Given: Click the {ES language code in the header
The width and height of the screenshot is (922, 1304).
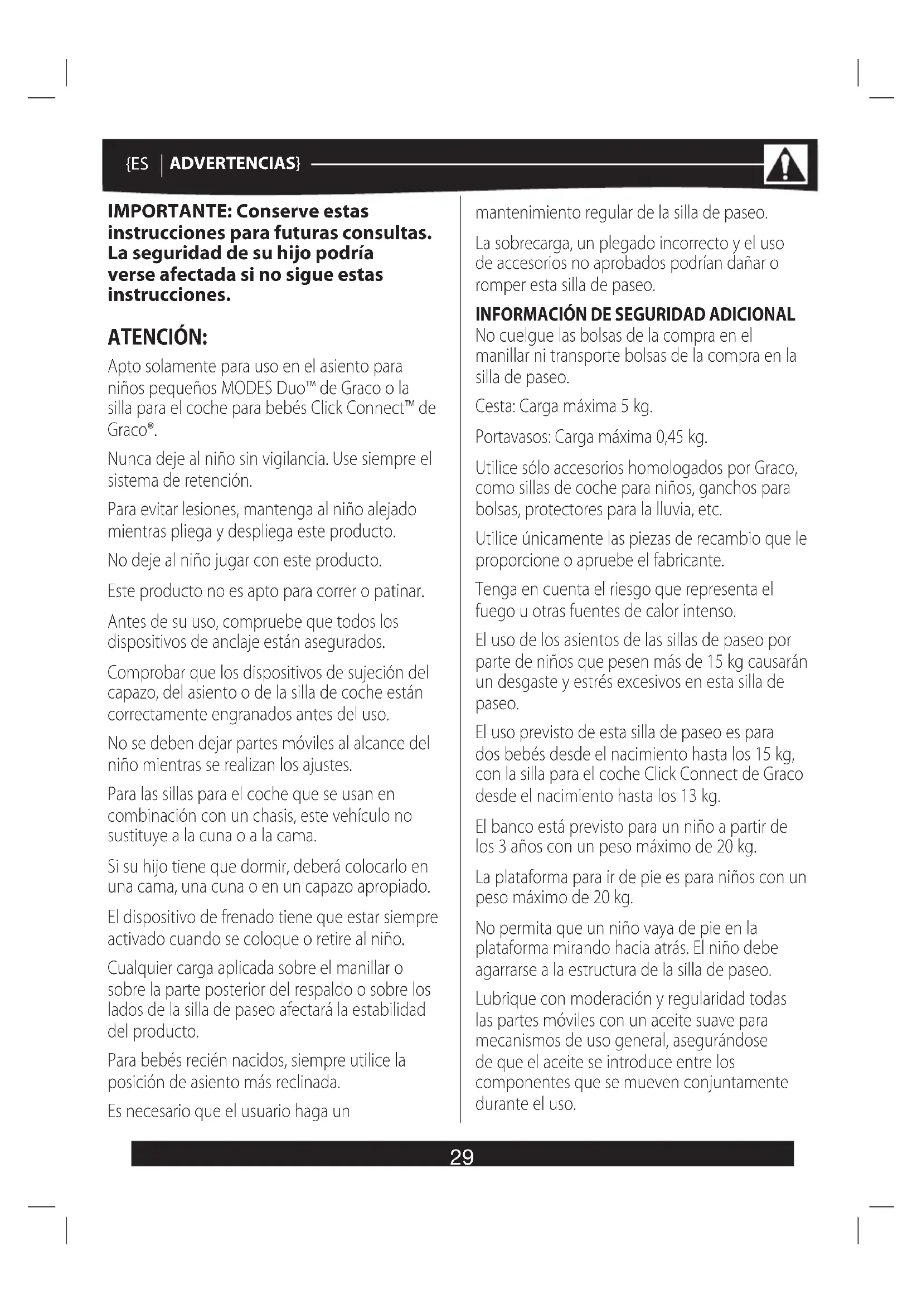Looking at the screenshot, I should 136,164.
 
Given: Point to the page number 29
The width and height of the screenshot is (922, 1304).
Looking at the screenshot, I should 462,1156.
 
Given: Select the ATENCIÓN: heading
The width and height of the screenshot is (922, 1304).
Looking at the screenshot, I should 157,337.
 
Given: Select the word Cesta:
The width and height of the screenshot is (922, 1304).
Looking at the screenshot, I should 495,406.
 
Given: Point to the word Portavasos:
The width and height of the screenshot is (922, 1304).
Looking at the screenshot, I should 513,437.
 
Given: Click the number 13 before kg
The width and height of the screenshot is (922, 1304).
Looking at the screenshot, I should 688,796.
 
